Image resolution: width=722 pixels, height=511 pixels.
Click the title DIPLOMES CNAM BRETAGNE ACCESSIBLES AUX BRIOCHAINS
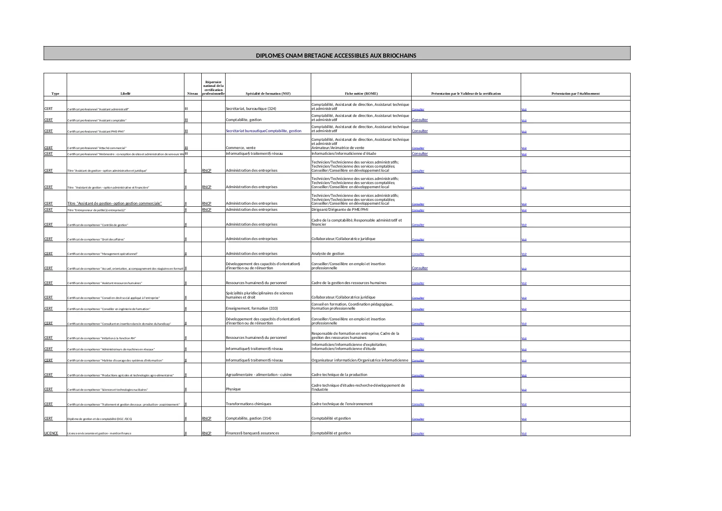(336, 56)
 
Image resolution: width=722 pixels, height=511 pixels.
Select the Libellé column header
(126, 93)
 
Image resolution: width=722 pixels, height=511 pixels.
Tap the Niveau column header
(192, 93)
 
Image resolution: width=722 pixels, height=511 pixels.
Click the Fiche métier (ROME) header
(361, 93)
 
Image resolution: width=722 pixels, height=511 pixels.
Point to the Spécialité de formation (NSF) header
(268, 93)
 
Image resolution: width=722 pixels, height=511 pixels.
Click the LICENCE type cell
(51, 433)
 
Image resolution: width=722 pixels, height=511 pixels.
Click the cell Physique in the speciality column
(233, 389)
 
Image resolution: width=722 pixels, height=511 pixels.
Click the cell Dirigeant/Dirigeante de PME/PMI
(340, 210)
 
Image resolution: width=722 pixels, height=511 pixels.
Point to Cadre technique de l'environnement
(342, 404)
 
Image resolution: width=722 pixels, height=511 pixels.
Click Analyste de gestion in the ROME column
(328, 254)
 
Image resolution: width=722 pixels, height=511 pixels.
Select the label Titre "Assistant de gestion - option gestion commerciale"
(114, 203)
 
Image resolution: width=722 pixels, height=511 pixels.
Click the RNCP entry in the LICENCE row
(207, 433)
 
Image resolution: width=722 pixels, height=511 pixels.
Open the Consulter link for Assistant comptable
(420, 120)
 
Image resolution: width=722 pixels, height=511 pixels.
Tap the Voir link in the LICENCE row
(524, 434)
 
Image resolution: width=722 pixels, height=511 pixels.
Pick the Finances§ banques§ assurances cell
(252, 433)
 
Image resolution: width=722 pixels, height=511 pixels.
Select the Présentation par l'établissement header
(575, 93)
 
